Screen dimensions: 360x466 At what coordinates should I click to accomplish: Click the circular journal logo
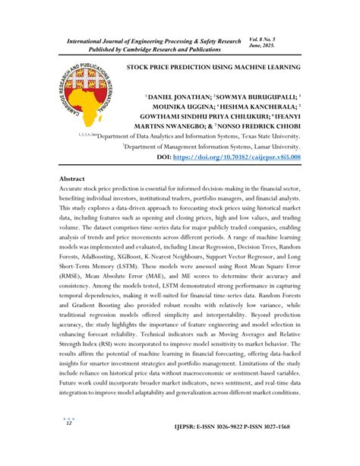[84, 94]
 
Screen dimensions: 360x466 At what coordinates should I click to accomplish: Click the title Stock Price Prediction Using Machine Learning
[213, 67]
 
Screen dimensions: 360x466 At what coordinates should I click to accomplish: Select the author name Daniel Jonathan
[177, 100]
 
